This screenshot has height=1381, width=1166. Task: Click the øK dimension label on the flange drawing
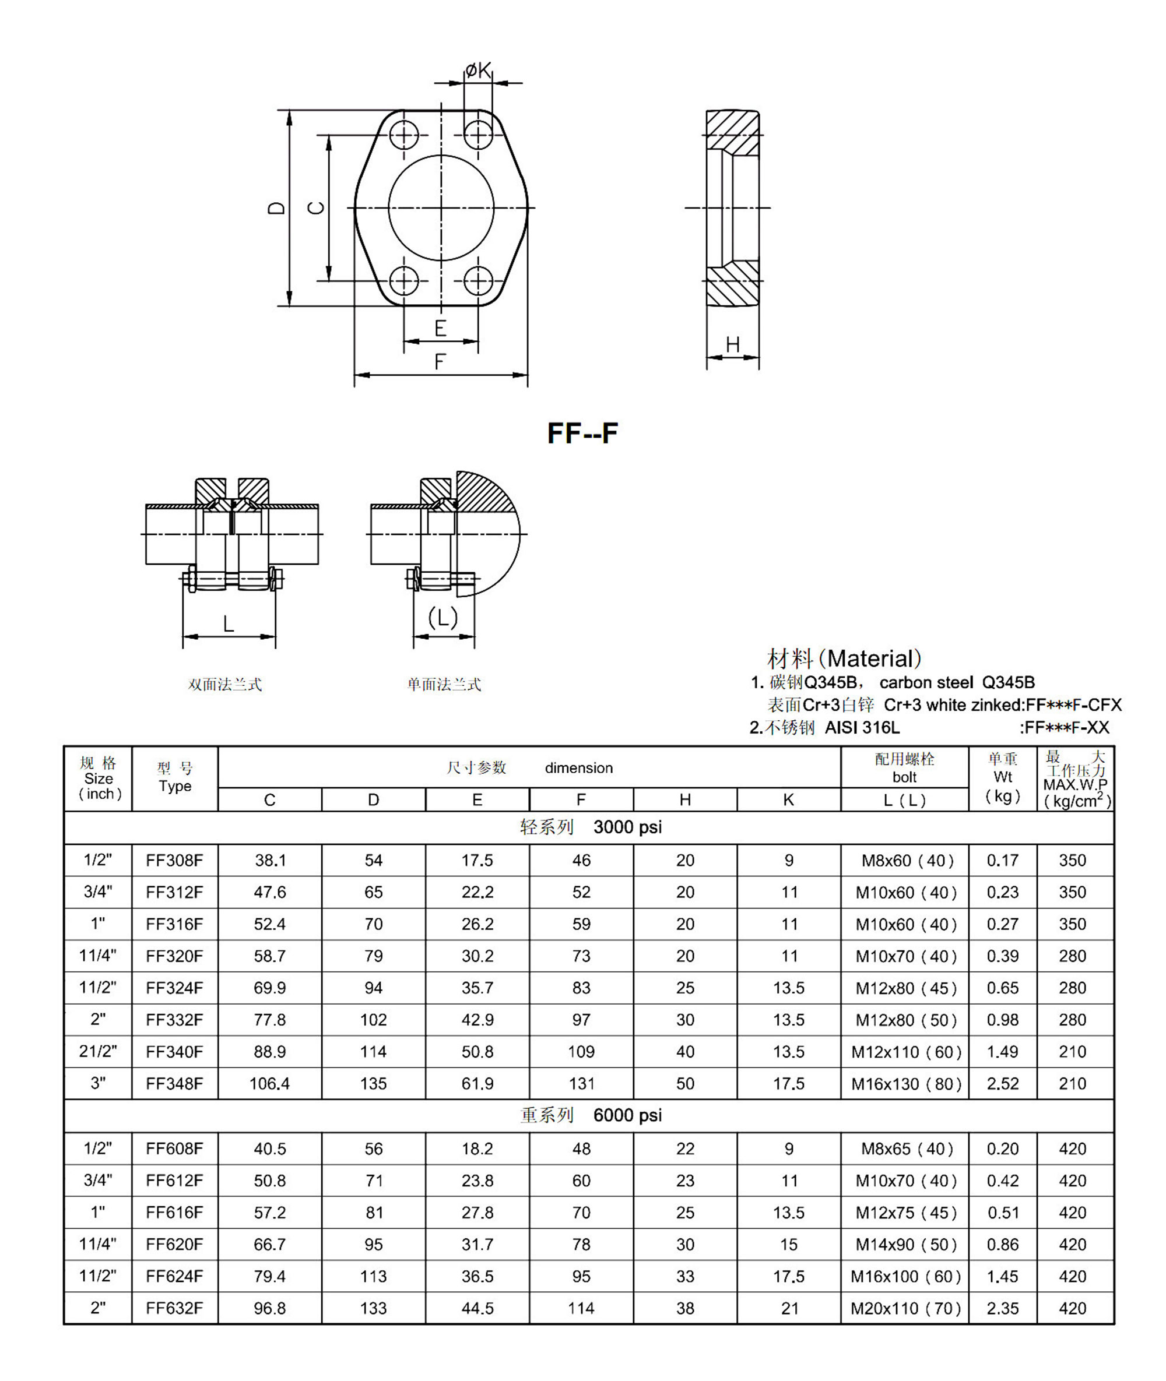pos(478,69)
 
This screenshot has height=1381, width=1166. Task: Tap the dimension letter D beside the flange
pos(277,207)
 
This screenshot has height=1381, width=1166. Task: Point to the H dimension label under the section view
pos(732,344)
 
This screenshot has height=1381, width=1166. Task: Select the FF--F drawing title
pos(582,434)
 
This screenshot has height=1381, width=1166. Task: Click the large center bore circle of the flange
pos(441,207)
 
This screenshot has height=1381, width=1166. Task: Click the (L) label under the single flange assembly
pos(443,618)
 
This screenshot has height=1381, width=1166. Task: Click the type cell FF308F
pos(174,860)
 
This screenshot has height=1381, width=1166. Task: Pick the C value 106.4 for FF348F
pos(270,1084)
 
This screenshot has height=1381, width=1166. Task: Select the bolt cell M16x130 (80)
pos(905,1084)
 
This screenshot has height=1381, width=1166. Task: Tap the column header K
pos(789,799)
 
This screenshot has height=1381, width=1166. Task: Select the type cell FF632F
pos(174,1308)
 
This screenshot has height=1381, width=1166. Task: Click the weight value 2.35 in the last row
pos(1003,1308)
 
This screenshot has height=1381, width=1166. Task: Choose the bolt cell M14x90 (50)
pos(905,1244)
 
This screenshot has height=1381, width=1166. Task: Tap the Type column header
pos(174,778)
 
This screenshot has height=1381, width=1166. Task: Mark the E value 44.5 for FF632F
pos(477,1308)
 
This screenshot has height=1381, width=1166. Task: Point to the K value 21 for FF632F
pos(789,1308)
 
